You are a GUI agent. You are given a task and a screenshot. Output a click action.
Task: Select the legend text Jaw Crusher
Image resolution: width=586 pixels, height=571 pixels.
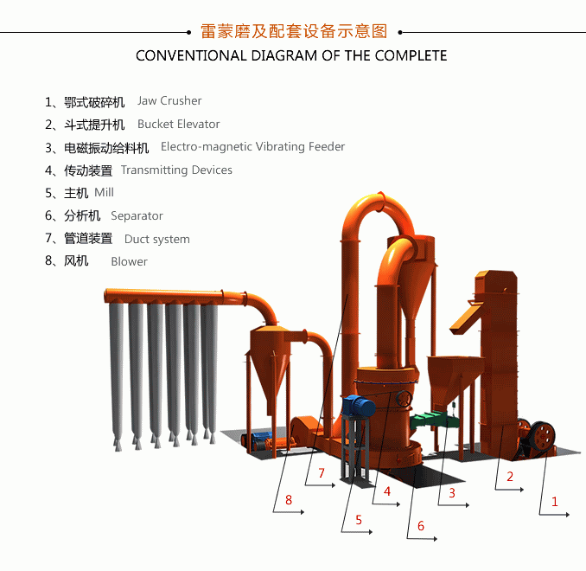169,101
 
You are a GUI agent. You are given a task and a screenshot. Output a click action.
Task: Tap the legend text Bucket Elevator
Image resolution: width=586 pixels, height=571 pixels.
178,124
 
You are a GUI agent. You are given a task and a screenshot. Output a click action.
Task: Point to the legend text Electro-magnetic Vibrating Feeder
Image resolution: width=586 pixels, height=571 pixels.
252,147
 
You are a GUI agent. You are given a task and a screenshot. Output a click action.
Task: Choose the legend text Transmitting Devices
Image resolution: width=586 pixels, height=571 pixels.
176,170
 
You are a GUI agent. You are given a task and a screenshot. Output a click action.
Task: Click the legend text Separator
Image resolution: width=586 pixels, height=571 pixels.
137,215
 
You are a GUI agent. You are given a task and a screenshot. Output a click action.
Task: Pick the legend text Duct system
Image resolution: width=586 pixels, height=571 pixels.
156,239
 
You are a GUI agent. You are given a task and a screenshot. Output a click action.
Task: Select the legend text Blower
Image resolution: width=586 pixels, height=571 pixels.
129,261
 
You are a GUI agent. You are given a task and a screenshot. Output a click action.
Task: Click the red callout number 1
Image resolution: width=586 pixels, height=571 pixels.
555,501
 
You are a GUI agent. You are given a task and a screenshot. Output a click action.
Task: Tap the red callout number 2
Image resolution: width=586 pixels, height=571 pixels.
510,476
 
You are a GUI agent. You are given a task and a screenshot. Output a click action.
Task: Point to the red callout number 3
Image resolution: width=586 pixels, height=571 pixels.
451,494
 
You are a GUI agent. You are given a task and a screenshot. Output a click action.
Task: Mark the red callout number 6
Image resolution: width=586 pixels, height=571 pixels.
421,526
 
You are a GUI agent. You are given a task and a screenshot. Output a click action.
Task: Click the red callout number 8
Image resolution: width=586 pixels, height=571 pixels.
289,499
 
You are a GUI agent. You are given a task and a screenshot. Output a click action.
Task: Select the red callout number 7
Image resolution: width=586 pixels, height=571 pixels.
321,473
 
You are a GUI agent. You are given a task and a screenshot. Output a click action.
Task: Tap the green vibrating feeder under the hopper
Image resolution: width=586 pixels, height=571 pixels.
432,420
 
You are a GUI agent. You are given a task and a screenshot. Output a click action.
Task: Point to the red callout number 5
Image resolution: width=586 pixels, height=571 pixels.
358,521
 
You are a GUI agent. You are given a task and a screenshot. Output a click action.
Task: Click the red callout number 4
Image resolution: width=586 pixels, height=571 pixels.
387,491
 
